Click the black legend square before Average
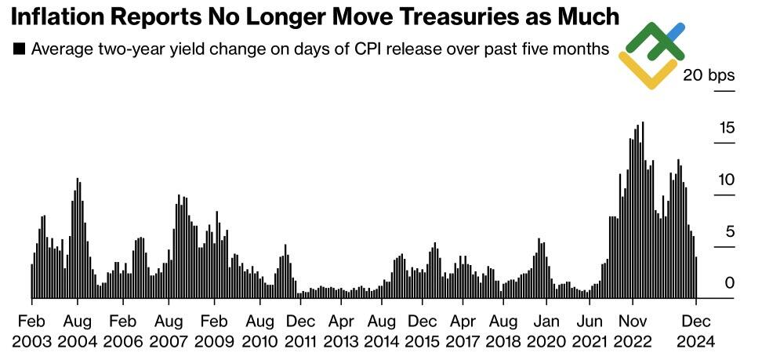click(19, 49)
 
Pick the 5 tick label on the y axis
click(730, 231)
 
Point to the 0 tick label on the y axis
click(730, 283)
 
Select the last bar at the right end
click(696, 277)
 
